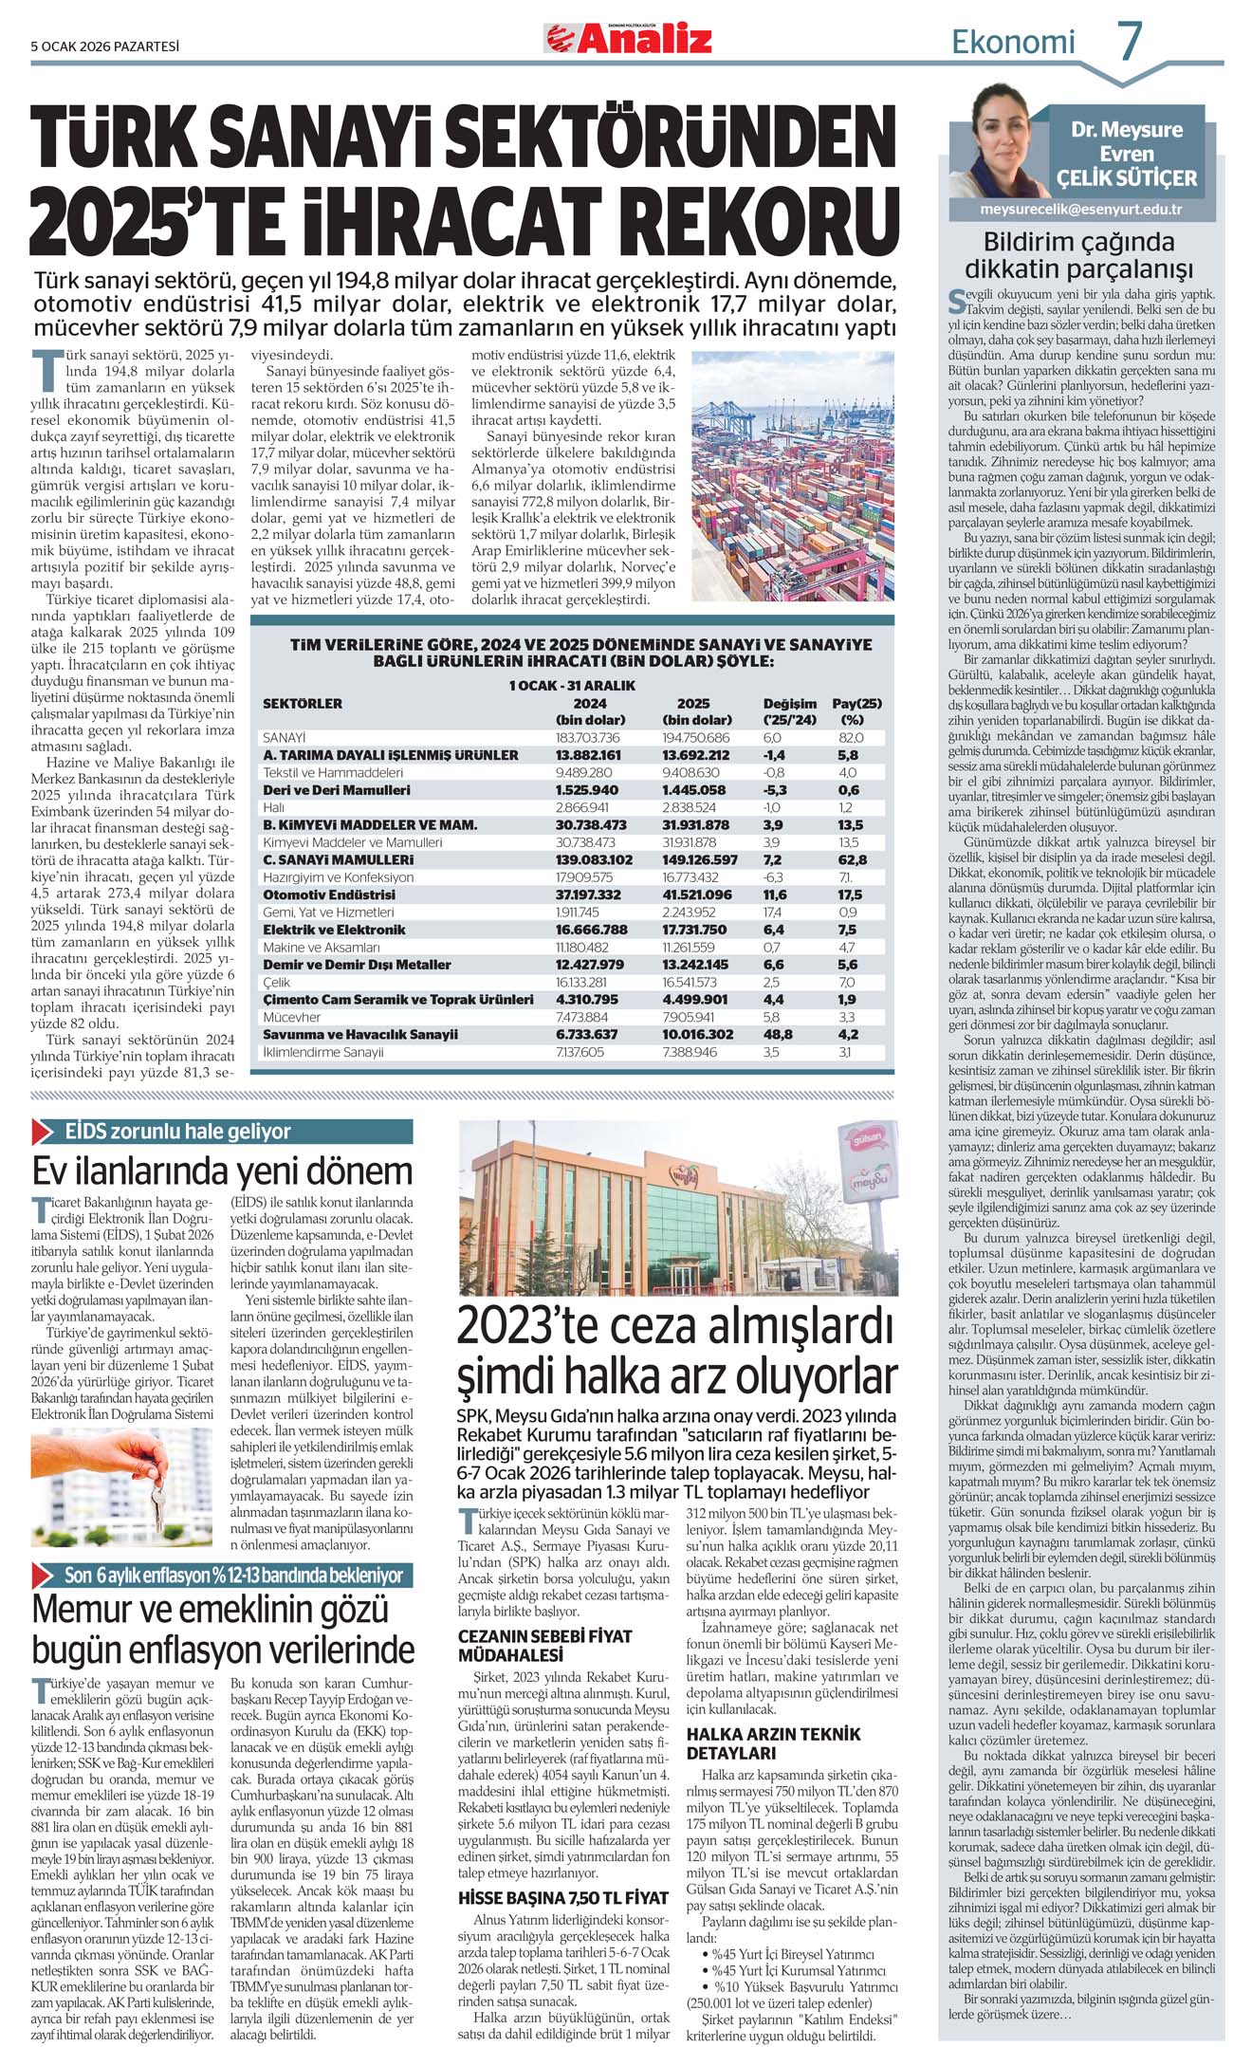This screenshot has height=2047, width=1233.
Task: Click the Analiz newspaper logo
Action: pyautogui.click(x=628, y=39)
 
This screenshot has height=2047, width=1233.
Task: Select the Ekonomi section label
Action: pyautogui.click(x=1013, y=43)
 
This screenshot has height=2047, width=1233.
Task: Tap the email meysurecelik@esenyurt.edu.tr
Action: pyautogui.click(x=1080, y=210)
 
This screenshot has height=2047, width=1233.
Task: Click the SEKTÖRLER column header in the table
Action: pyautogui.click(x=303, y=704)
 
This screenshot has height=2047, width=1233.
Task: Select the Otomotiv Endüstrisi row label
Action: pyautogui.click(x=329, y=894)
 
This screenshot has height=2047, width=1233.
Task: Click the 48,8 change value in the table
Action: pyautogui.click(x=774, y=1034)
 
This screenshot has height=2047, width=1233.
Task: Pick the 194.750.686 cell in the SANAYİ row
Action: pyautogui.click(x=696, y=737)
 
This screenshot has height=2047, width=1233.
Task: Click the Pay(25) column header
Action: pyautogui.click(x=856, y=704)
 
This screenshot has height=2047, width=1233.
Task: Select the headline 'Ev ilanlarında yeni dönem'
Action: pyautogui.click(x=223, y=1171)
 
